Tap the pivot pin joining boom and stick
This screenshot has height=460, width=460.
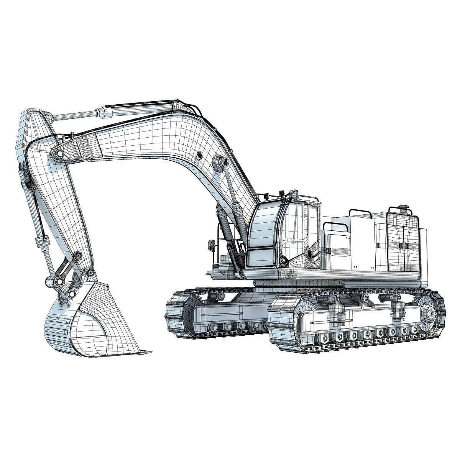pos(60,153)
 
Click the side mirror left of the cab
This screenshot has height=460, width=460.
pos(211,245)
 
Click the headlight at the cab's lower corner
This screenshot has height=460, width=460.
pos(283,261)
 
